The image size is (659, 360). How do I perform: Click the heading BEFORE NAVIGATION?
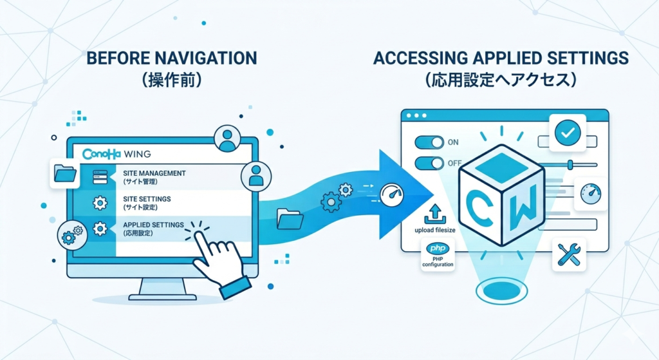click(171, 59)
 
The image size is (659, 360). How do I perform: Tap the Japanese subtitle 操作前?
click(171, 81)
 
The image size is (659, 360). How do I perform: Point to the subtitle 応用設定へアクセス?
click(500, 81)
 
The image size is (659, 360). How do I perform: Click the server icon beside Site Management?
click(100, 176)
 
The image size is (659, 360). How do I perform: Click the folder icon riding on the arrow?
click(289, 219)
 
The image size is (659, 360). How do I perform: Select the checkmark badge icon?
click(567, 133)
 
